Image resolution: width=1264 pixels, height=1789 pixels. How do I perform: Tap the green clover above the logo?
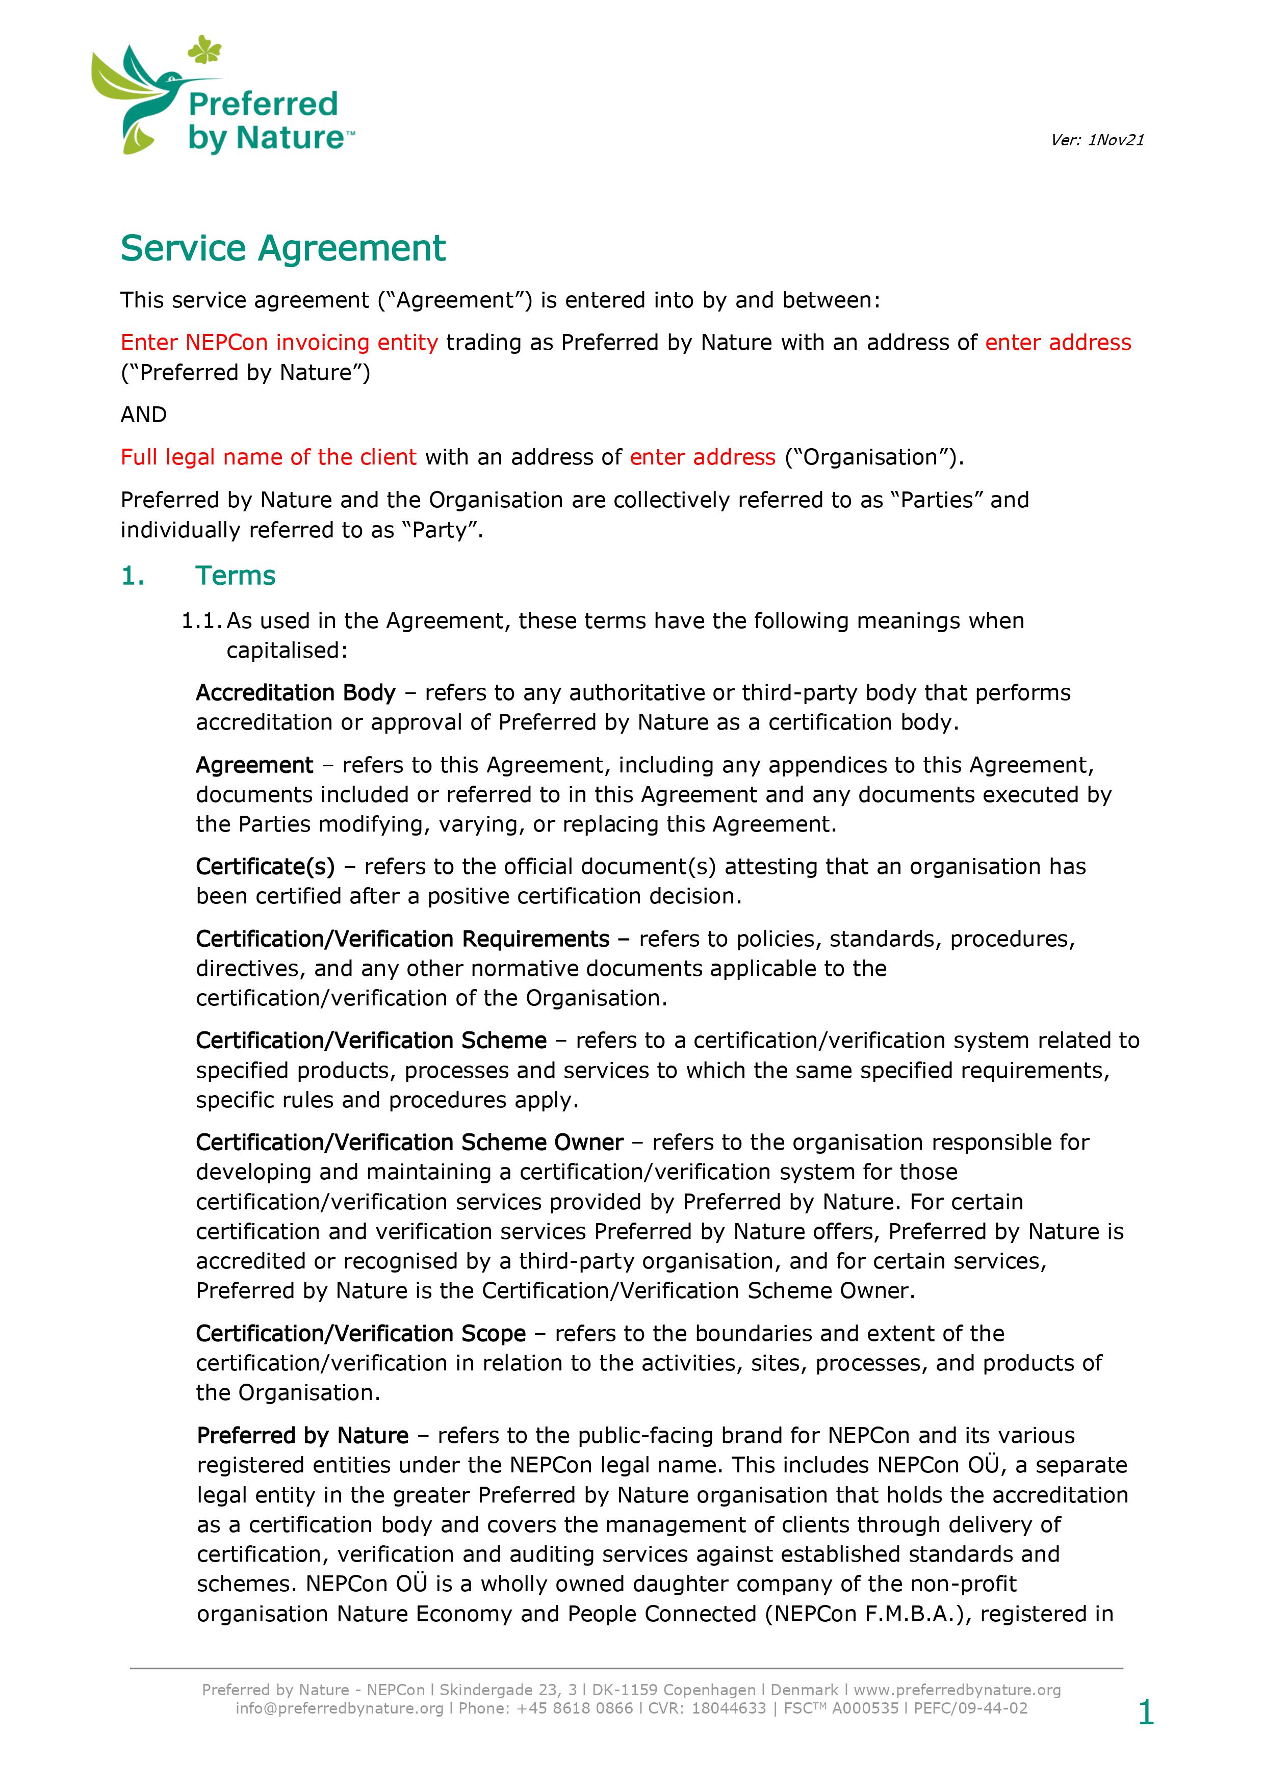click(x=204, y=50)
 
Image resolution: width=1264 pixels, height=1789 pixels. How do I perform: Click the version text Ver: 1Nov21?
click(x=1096, y=140)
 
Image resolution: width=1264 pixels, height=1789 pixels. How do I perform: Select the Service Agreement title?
click(x=283, y=249)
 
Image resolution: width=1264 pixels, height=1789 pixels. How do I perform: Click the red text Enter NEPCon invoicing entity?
click(x=279, y=343)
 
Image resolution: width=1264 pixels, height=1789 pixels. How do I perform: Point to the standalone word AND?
click(x=143, y=414)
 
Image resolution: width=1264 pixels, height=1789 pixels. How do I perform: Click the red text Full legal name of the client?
click(x=268, y=457)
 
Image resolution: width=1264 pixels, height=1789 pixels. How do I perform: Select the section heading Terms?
click(x=236, y=576)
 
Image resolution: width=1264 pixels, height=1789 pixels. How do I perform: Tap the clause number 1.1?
click(x=200, y=621)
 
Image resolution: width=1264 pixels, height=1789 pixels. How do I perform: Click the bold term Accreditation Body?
click(x=295, y=693)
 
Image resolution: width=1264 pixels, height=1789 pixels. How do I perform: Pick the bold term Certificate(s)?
click(x=265, y=866)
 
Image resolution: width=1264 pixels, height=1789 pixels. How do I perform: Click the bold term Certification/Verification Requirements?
click(x=402, y=939)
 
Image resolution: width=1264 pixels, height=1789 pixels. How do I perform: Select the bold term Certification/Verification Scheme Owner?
click(x=409, y=1143)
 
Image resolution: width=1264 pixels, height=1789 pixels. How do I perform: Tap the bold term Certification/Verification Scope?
click(x=361, y=1333)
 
